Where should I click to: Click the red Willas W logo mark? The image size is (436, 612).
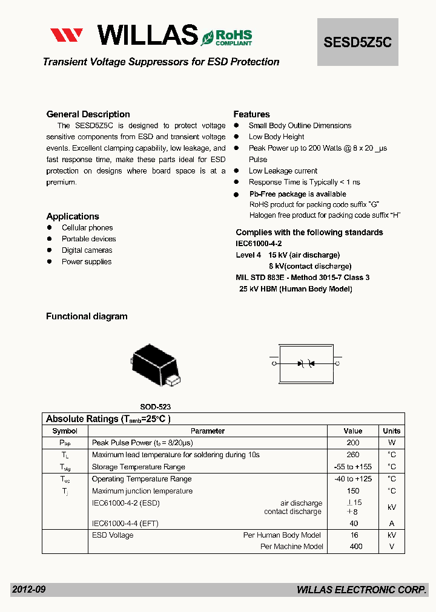tap(67, 35)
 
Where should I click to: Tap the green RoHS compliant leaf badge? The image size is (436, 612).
tap(226, 37)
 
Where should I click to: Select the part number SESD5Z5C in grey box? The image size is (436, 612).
tap(358, 42)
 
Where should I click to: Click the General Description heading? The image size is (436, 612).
tap(88, 114)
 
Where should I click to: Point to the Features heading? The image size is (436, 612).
tap(251, 114)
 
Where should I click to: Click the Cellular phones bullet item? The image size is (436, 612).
tap(87, 228)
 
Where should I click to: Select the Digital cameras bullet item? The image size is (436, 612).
tap(87, 250)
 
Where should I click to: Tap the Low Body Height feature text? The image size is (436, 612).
tap(276, 137)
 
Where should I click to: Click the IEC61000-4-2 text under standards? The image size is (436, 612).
tap(259, 243)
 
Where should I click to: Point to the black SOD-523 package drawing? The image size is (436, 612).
tap(155, 365)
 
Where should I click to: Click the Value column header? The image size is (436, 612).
tap(352, 431)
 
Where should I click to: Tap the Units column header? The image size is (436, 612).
tap(391, 431)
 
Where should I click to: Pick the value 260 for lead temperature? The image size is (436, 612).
tap(352, 455)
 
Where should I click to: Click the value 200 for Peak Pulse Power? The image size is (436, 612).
tap(352, 443)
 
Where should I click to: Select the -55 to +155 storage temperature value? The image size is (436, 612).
tap(352, 467)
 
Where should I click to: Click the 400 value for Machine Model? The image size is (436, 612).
tap(355, 547)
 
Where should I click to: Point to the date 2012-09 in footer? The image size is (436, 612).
tap(28, 590)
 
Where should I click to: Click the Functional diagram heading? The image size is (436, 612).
tap(87, 316)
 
